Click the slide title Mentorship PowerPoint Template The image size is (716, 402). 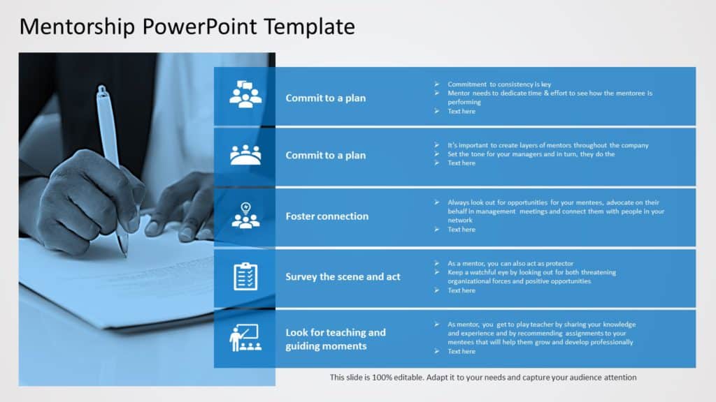[187, 27]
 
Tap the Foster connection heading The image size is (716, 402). [327, 216]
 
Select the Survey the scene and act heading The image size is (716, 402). [343, 277]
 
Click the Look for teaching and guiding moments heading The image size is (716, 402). [335, 339]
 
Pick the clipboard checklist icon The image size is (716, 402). [245, 276]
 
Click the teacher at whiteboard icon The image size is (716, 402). [245, 338]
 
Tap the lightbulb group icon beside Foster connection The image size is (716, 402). [245, 216]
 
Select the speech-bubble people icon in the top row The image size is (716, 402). [245, 95]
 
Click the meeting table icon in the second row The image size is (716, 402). [245, 155]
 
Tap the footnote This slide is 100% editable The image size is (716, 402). [483, 378]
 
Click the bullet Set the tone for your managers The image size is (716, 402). [531, 154]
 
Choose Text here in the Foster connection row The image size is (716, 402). [461, 230]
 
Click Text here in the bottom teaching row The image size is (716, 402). [461, 351]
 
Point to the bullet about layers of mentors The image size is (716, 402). [547, 145]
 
